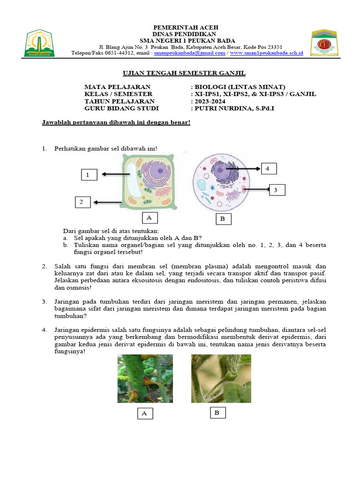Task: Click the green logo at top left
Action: (40, 43)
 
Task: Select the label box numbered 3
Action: (276, 190)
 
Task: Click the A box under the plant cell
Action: (149, 217)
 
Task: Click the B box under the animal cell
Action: (223, 219)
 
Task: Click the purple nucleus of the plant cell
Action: (158, 173)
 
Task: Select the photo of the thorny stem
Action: (145, 378)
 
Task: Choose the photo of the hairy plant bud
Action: (221, 378)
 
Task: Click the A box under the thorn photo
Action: (144, 413)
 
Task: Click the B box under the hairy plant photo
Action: (217, 412)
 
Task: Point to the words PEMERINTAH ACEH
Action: (184, 28)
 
